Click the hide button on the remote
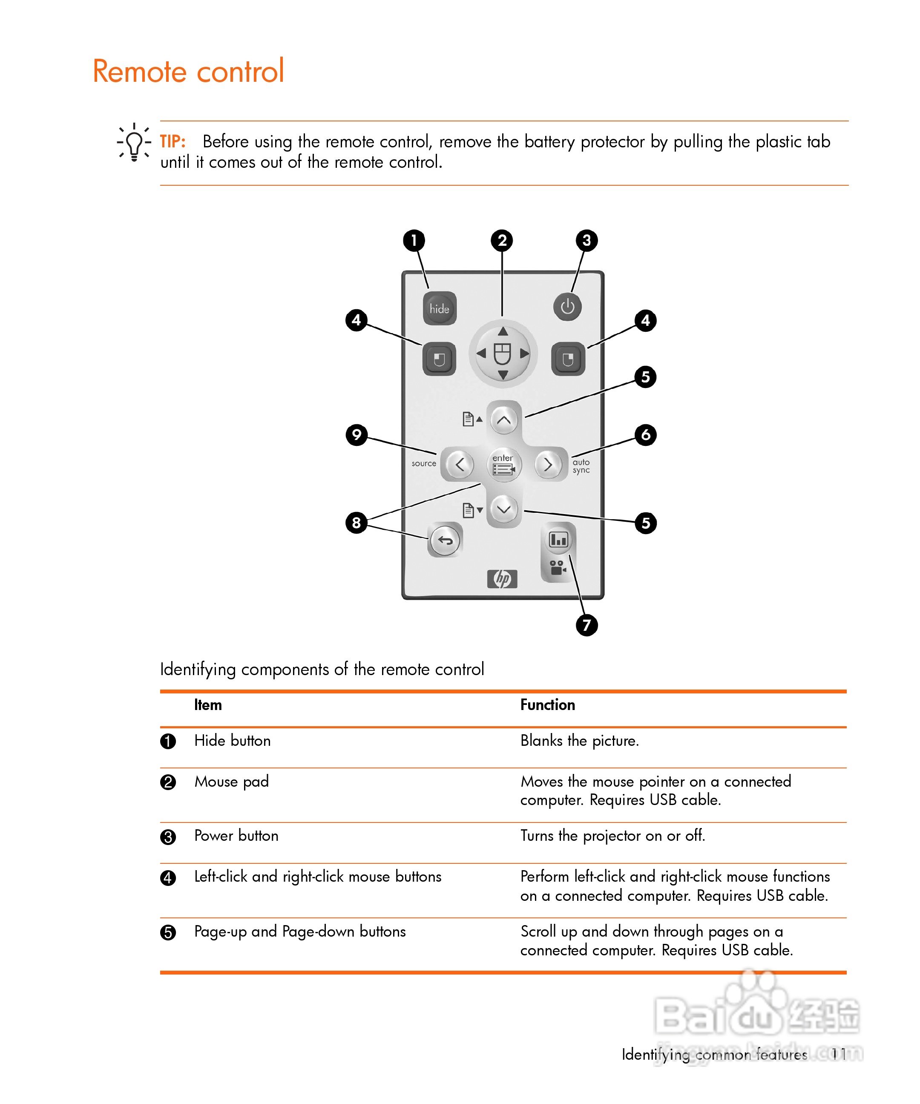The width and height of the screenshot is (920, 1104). [440, 309]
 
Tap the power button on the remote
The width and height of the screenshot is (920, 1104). [567, 307]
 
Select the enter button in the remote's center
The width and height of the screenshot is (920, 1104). [503, 465]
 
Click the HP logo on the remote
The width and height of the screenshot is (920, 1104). [502, 579]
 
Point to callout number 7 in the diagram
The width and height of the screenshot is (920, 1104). [586, 625]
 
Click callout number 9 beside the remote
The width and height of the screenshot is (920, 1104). [356, 435]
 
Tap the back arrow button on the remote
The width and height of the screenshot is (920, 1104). [445, 540]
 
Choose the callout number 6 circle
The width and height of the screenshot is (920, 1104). [646, 435]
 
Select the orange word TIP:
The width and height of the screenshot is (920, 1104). [172, 142]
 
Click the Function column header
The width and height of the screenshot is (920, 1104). [547, 705]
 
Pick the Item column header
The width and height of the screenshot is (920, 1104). [208, 705]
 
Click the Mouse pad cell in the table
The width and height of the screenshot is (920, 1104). [231, 782]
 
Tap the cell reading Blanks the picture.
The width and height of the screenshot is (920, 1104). [579, 741]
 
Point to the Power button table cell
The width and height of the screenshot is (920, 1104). [236, 836]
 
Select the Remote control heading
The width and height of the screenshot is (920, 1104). [188, 71]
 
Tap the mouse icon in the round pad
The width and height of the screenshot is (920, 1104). [503, 353]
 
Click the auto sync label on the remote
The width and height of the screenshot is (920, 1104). [581, 466]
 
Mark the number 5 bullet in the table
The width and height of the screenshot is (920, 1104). [168, 933]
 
